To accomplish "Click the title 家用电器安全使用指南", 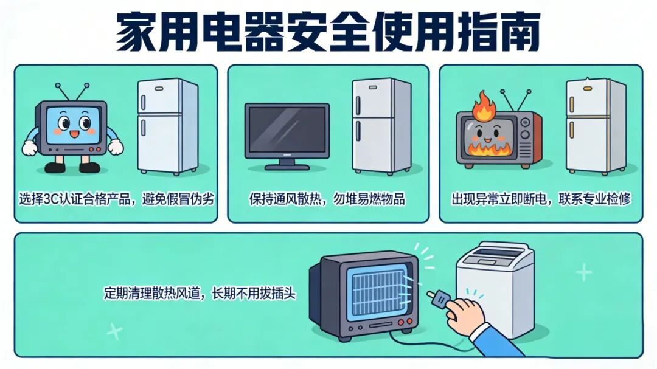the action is coord(328,32).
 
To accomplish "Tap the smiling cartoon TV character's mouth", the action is coord(74,134).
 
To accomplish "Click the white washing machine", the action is coord(495,288).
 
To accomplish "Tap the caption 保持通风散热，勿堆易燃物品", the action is coord(327,199).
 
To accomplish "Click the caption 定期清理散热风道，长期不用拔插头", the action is coord(200,293).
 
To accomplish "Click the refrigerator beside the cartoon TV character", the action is coord(168,126).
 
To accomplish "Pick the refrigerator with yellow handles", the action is coord(596,126).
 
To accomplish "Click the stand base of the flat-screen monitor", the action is coord(287,167).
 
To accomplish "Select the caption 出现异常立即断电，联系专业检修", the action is coord(541,199).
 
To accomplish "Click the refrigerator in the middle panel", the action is coord(381,126).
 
